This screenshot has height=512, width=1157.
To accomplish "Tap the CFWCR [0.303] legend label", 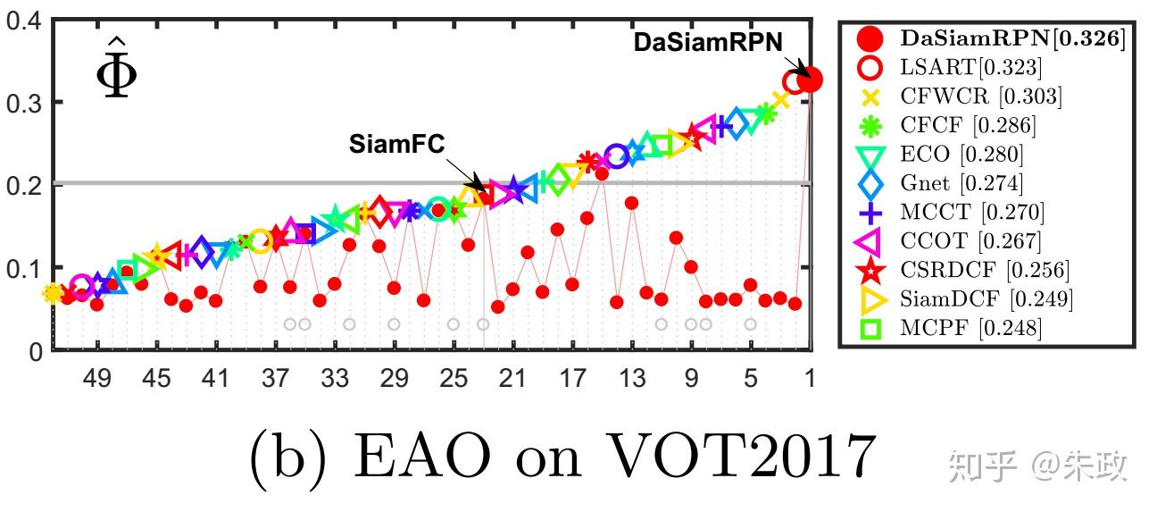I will (x=981, y=97).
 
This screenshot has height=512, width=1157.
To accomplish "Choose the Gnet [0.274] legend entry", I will (x=961, y=183).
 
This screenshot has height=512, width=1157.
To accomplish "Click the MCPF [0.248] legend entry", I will (x=970, y=328).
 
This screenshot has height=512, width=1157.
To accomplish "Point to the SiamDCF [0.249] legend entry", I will (x=986, y=298).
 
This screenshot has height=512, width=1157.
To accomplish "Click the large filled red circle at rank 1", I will (x=809, y=80).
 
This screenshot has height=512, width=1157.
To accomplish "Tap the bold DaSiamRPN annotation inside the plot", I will (x=708, y=43).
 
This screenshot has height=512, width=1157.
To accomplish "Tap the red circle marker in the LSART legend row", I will (x=870, y=67).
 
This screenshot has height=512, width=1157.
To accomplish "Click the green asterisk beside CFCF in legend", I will (x=870, y=125).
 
